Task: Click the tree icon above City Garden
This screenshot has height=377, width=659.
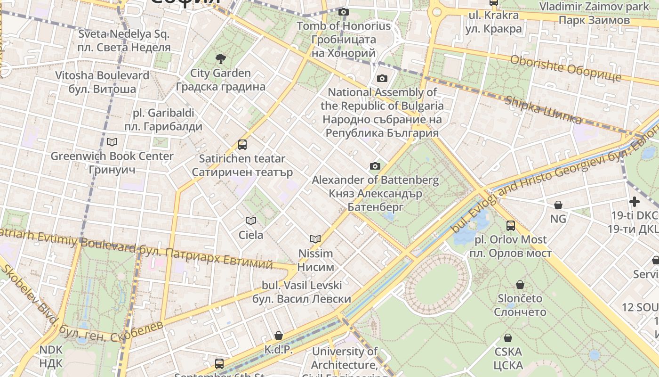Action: [220, 59]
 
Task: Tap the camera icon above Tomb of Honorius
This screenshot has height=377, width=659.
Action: [344, 12]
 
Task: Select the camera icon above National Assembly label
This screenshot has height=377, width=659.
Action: [382, 78]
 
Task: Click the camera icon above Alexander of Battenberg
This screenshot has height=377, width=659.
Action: [375, 166]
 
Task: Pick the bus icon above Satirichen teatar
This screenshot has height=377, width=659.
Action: [242, 145]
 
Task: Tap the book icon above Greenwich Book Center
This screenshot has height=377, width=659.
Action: [112, 142]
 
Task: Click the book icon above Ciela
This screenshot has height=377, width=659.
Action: [251, 221]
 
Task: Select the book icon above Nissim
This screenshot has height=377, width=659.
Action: [315, 239]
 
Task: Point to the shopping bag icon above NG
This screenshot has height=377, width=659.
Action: [558, 205]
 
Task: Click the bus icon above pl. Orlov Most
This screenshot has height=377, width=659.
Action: [511, 226]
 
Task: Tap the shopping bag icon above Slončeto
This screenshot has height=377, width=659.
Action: [520, 285]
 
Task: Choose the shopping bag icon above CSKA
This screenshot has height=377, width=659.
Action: [508, 338]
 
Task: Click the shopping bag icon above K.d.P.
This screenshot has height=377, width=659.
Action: [279, 336]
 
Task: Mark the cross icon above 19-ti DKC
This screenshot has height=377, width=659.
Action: [635, 202]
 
